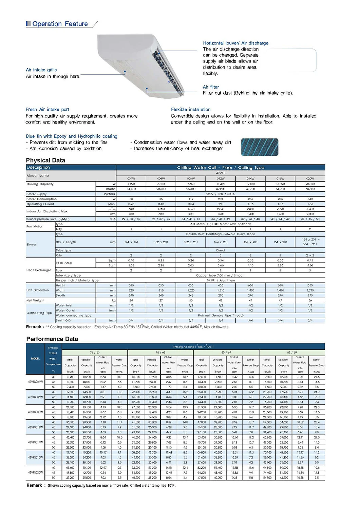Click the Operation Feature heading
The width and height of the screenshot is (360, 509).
tap(60, 24)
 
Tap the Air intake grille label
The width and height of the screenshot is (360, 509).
tap(41, 70)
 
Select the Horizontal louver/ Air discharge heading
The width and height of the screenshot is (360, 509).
tap(235, 43)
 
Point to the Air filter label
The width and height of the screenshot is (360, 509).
tap(211, 87)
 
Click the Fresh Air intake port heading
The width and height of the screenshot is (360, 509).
tap(48, 110)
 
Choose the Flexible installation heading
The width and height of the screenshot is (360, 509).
tap(191, 110)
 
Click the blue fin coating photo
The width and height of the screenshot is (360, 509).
tap(260, 147)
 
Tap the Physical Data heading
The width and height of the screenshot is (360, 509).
tap(45, 161)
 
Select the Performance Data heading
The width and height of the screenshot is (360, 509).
tap(52, 339)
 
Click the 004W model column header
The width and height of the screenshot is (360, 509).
tap(131, 178)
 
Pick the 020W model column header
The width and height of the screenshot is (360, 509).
tap(310, 178)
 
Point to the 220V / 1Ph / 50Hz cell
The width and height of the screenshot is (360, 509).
tap(221, 194)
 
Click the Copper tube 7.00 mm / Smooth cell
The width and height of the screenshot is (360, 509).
tap(221, 276)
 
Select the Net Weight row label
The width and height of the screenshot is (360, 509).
tap(35, 301)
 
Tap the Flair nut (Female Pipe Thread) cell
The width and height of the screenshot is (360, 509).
tap(221, 316)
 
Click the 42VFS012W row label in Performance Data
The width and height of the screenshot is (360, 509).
tap(35, 427)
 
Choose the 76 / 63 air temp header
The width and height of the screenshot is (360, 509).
tap(95, 353)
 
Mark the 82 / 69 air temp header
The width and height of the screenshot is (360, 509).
tap(292, 353)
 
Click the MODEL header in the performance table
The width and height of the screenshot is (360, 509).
tap(35, 359)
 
